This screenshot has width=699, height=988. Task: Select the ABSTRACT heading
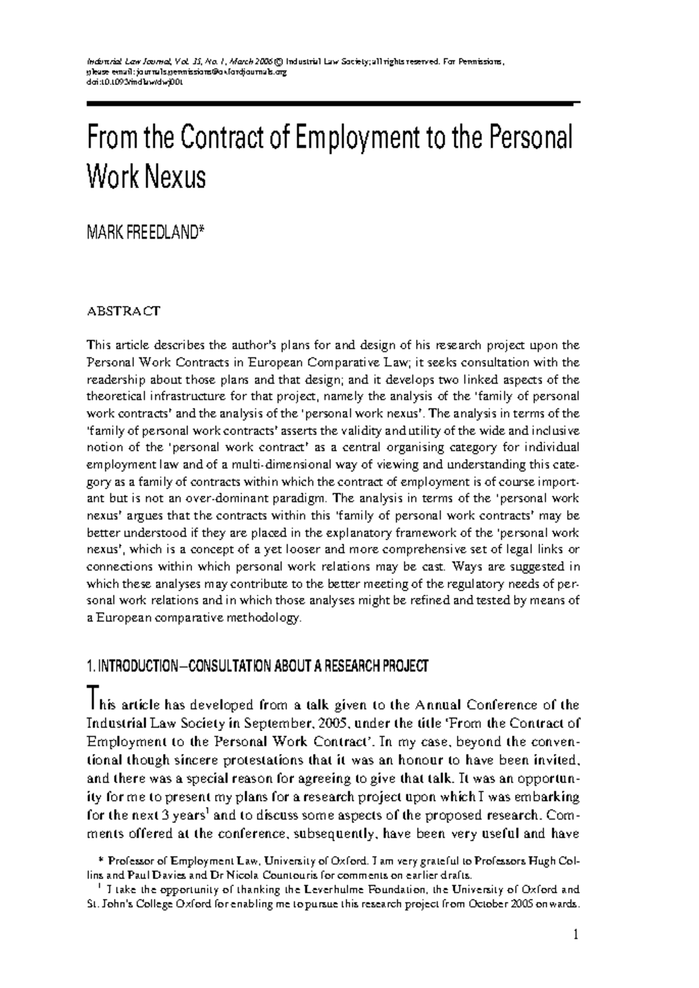pos(123,310)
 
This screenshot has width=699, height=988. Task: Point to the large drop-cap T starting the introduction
pos(92,698)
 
